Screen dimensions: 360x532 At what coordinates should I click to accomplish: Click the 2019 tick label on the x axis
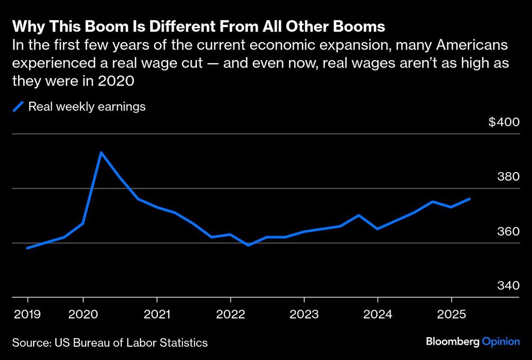click(x=23, y=314)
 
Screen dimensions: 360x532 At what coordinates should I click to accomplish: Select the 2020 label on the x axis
click(x=83, y=314)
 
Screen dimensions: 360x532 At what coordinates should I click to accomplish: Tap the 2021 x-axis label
click(x=156, y=314)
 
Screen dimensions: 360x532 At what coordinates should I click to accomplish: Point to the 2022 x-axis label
click(x=230, y=314)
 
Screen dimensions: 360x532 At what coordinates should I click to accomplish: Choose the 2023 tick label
click(x=304, y=314)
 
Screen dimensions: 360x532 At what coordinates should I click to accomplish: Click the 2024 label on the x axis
click(x=378, y=314)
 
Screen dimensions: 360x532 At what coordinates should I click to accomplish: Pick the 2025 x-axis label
click(x=451, y=314)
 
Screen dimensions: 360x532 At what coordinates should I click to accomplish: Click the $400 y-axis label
click(x=503, y=122)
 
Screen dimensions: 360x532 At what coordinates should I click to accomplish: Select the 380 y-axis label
click(x=508, y=177)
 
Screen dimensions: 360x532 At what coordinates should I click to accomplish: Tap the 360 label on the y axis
click(x=508, y=231)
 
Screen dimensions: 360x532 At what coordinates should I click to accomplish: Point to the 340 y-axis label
click(x=508, y=286)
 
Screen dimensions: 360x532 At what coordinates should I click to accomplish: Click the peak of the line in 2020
click(x=101, y=153)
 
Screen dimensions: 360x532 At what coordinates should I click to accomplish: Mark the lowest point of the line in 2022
click(x=248, y=245)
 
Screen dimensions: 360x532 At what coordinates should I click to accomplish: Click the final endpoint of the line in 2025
click(x=469, y=199)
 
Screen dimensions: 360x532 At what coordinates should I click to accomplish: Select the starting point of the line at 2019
click(x=27, y=248)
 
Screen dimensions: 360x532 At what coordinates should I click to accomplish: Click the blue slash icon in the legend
click(x=19, y=107)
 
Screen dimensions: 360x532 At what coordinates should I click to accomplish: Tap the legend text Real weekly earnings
click(x=87, y=106)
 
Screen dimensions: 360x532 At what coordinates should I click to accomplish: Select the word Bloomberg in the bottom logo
click(x=452, y=342)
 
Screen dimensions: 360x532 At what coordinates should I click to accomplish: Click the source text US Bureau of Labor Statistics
click(x=131, y=342)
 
